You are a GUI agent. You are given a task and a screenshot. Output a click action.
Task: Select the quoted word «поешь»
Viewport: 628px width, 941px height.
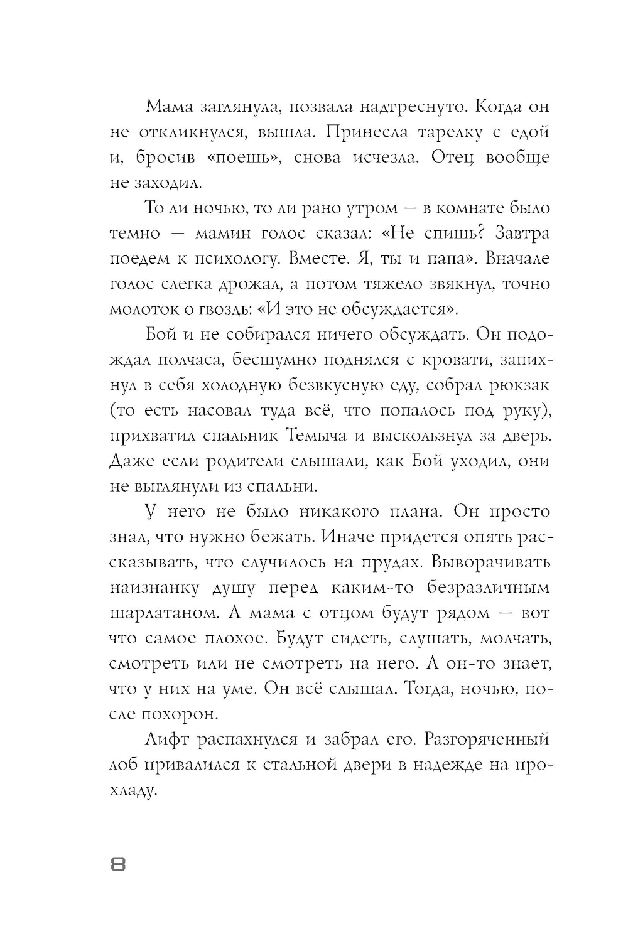242,157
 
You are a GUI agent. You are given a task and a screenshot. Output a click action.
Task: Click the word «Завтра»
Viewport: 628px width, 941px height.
522,233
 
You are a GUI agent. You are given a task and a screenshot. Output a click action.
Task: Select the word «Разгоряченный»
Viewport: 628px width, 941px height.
487,739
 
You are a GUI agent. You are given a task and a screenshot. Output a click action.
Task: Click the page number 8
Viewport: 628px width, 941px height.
118,865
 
